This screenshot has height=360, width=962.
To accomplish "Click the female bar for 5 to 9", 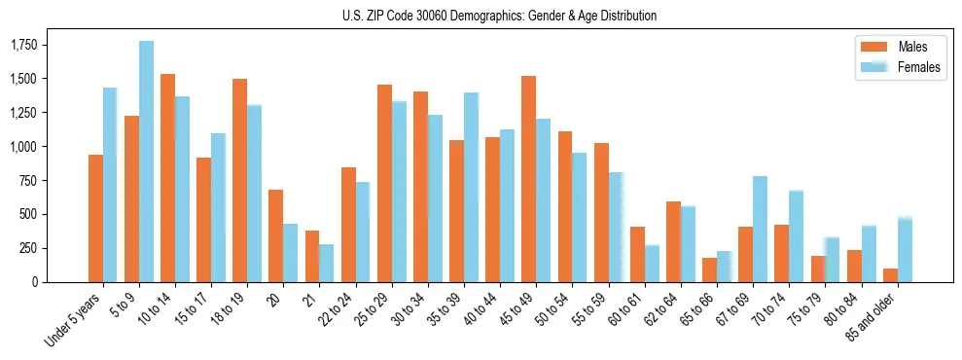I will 146,162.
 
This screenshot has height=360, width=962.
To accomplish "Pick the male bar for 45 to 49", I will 528,179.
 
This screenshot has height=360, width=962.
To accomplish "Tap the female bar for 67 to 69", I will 760,229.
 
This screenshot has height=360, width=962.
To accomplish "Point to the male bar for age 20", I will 275,235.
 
